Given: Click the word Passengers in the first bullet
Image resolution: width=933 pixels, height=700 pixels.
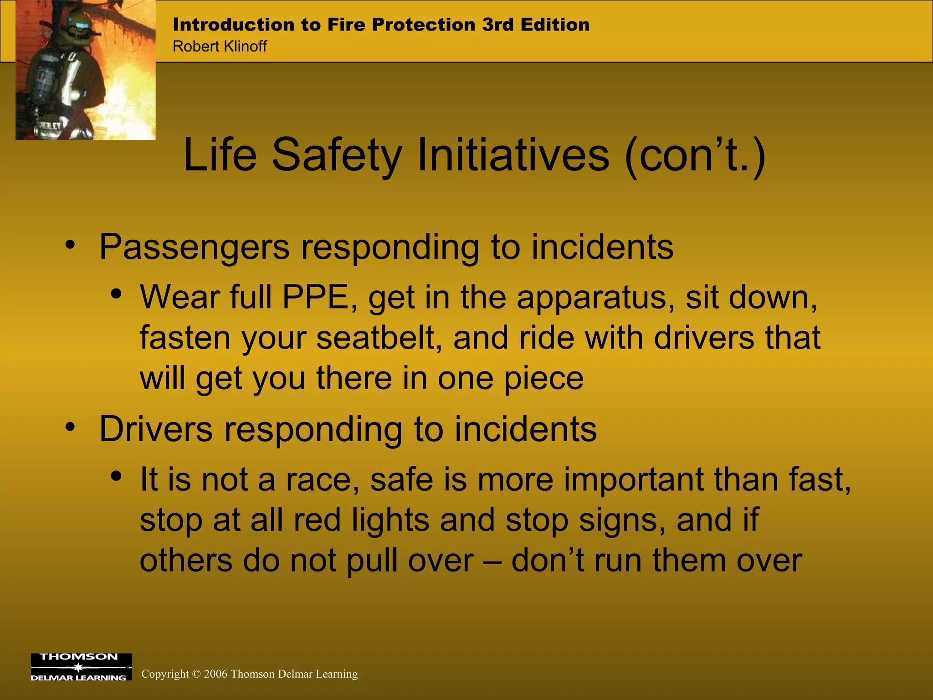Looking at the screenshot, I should (x=194, y=247).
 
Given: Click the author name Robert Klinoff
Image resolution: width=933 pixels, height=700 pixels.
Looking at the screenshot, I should (x=220, y=46).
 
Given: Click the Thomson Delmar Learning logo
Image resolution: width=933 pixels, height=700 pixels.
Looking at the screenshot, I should (x=81, y=667).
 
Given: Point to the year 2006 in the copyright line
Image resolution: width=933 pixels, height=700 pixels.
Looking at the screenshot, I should (x=215, y=674).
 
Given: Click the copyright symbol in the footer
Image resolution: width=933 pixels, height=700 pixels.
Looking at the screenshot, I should (x=196, y=674).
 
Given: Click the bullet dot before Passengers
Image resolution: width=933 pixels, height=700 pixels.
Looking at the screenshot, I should (x=70, y=245).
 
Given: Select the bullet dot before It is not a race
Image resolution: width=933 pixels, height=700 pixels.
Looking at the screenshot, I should (x=117, y=477).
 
